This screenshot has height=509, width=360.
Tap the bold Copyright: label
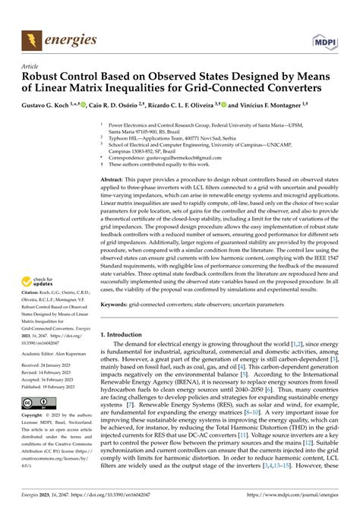pos(34,417)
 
